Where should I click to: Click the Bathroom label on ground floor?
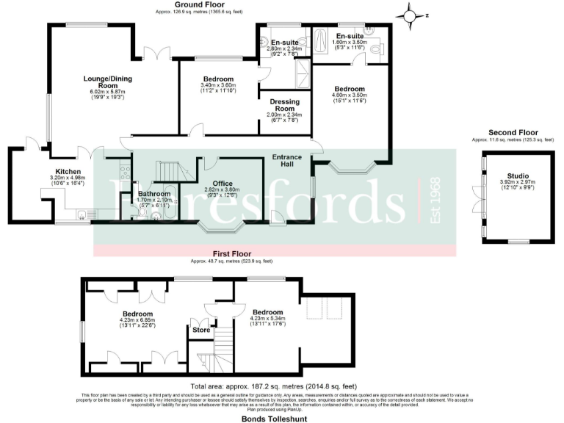coord(153,194)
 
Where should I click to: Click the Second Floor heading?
coord(513,133)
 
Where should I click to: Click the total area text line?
coord(273,386)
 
